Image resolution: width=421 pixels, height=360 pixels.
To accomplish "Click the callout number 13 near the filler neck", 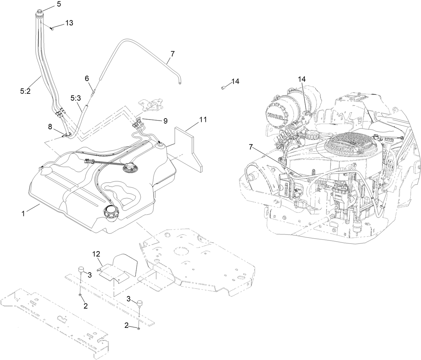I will coord(69,23).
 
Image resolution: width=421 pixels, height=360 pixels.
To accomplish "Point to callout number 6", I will coord(87,78).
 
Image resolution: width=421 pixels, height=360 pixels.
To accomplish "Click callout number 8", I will coord(50,127).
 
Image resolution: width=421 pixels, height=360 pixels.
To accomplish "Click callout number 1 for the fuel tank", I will coord(23,214).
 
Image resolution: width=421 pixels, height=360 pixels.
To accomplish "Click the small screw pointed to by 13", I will coord(52,29).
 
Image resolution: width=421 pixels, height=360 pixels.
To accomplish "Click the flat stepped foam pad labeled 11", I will coord(187,147).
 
